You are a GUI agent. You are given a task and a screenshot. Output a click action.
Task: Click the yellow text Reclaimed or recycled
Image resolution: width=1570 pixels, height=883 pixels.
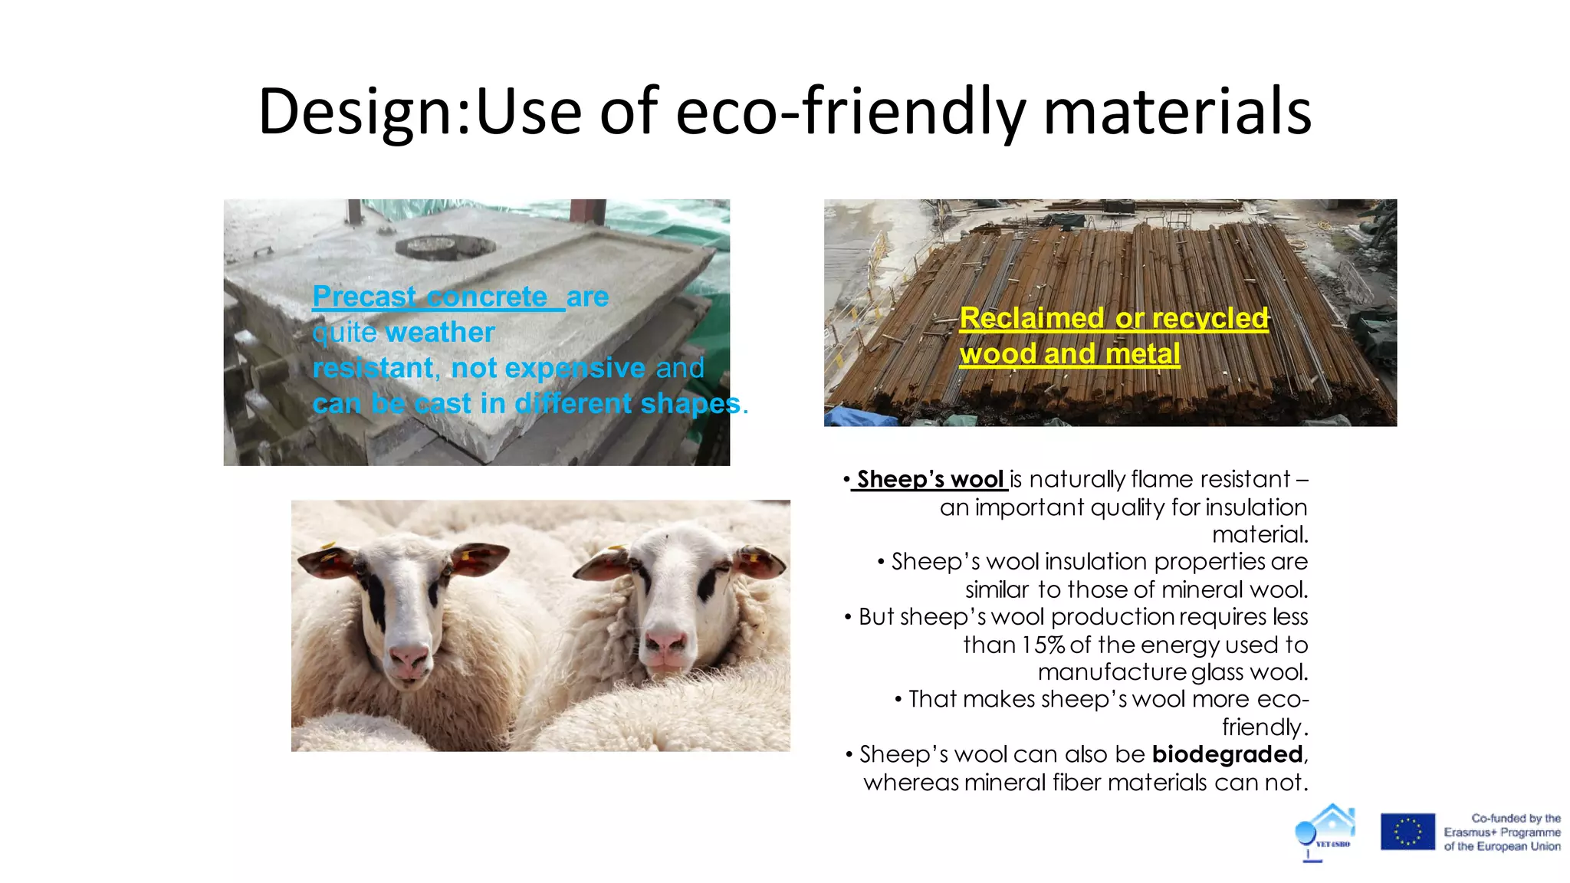pos(1113,318)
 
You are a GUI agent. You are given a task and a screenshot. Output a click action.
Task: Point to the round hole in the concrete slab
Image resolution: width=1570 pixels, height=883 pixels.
pos(445,247)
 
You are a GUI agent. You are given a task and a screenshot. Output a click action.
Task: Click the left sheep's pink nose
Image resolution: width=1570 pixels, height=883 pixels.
pos(409,656)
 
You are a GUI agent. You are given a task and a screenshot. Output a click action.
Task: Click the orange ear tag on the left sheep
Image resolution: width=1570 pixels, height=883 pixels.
pos(330,549)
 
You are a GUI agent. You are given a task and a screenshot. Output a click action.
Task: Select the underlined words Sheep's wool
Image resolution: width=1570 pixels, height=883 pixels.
pos(930,480)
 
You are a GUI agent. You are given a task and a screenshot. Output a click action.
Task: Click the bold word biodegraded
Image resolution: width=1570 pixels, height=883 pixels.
pos(1227,754)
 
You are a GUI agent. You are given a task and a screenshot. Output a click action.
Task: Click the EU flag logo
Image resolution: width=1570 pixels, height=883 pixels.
pos(1407,832)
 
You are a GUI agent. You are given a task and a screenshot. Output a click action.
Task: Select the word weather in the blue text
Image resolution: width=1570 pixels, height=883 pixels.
pos(440,333)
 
